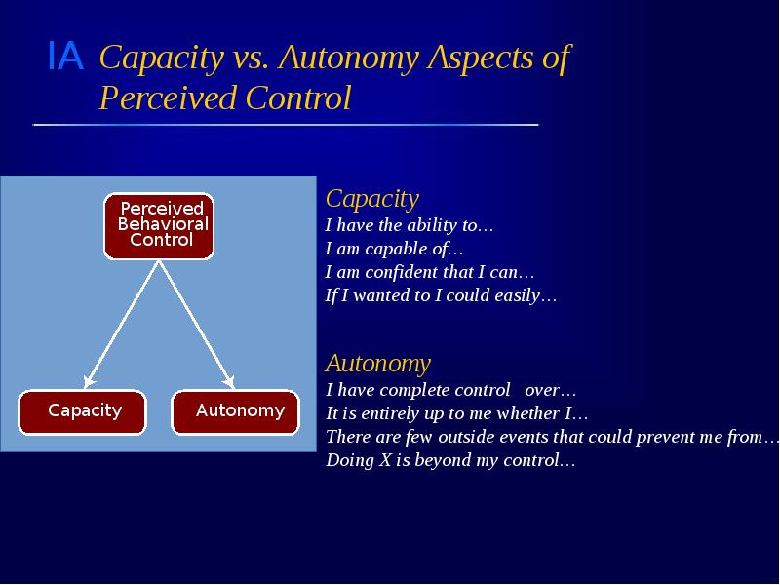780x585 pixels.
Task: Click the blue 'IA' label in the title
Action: pyautogui.click(x=64, y=58)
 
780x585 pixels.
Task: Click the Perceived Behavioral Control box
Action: pyautogui.click(x=159, y=225)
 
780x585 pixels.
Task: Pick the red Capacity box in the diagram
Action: pyautogui.click(x=83, y=411)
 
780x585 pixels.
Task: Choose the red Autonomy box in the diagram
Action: pyautogui.click(x=236, y=411)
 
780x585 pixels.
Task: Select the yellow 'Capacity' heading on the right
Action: pyautogui.click(x=371, y=199)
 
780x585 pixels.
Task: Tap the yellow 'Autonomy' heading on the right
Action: pyautogui.click(x=377, y=364)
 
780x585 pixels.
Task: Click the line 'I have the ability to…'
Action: pyautogui.click(x=409, y=226)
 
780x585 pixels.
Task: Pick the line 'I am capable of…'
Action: pyautogui.click(x=394, y=250)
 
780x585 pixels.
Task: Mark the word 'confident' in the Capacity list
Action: pyautogui.click(x=412, y=273)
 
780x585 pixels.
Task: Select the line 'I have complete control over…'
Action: pyautogui.click(x=450, y=391)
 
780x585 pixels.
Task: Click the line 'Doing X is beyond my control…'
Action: pyautogui.click(x=449, y=461)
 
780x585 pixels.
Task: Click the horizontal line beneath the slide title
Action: pyautogui.click(x=285, y=125)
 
